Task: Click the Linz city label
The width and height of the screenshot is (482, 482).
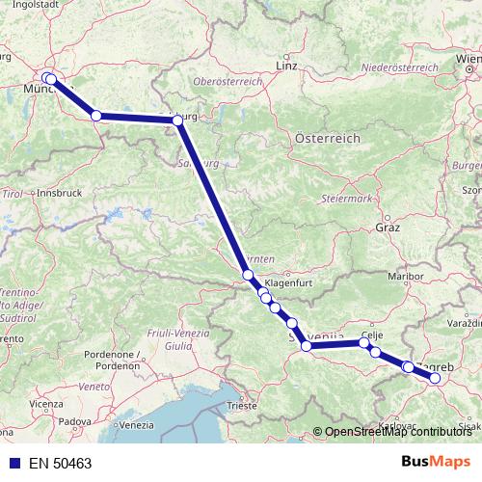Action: coord(286,66)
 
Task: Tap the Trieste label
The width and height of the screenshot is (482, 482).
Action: coord(242,406)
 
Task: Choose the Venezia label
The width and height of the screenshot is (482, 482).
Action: coord(137,425)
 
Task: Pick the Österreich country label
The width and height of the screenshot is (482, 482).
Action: coord(328,139)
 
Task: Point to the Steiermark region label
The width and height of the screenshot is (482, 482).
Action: coord(352,198)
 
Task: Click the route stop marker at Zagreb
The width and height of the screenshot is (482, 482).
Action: coord(435,378)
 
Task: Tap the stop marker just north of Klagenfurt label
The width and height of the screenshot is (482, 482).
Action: coord(248,275)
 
